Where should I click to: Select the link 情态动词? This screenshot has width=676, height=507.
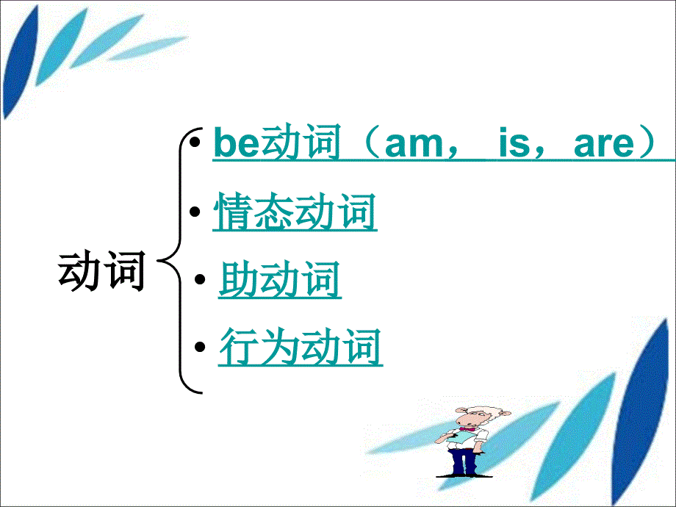[295, 213]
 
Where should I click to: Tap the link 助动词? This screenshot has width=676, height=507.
[280, 281]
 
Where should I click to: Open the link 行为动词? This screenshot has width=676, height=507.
[301, 347]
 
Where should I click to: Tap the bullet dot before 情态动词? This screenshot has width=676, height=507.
[195, 212]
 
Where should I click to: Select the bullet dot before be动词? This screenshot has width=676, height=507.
[193, 140]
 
